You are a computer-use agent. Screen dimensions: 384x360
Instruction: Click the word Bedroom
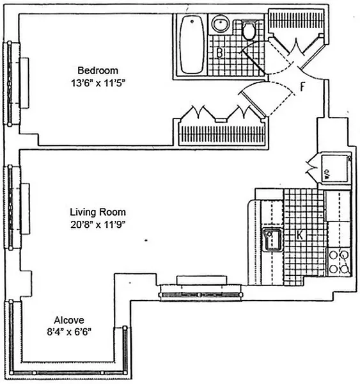[x=98, y=70]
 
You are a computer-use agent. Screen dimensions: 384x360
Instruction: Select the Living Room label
[x=98, y=212]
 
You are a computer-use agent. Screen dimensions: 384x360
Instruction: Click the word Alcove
[x=68, y=319]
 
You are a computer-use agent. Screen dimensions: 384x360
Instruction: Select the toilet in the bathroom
[x=249, y=29]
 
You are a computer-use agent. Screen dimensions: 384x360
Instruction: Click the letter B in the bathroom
[x=219, y=53]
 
